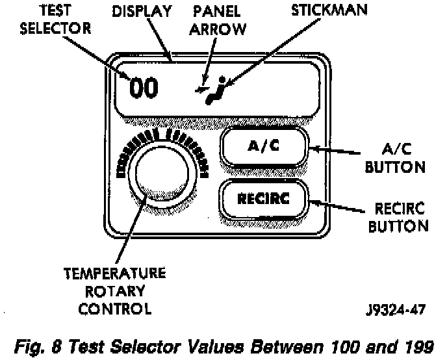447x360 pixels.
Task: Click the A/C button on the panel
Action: click(x=263, y=147)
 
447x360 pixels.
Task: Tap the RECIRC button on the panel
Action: click(x=263, y=199)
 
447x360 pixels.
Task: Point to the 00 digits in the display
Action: click(x=143, y=88)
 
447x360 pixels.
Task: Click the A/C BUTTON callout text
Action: click(x=395, y=158)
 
